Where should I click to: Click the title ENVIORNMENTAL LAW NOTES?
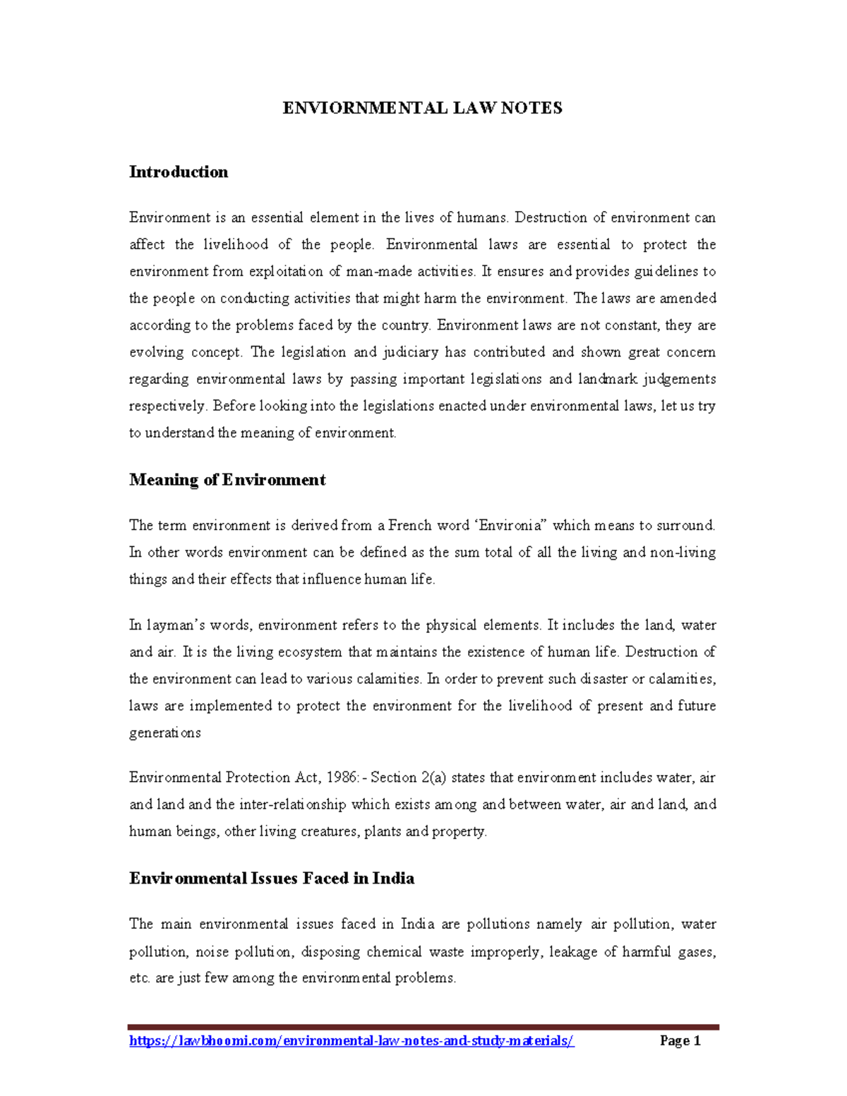pyautogui.click(x=422, y=108)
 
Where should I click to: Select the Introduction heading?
pyautogui.click(x=179, y=172)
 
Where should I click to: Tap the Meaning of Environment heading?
pyautogui.click(x=227, y=480)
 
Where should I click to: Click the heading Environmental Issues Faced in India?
pyautogui.click(x=272, y=879)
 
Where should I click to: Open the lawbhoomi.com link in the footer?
pyautogui.click(x=352, y=1041)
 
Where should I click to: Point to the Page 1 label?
pyautogui.click(x=680, y=1041)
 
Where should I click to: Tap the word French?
pyautogui.click(x=409, y=526)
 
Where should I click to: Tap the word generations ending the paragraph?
pyautogui.click(x=165, y=733)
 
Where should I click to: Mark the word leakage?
pyautogui.click(x=571, y=952)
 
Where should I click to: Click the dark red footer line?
pyautogui.click(x=423, y=1027)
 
